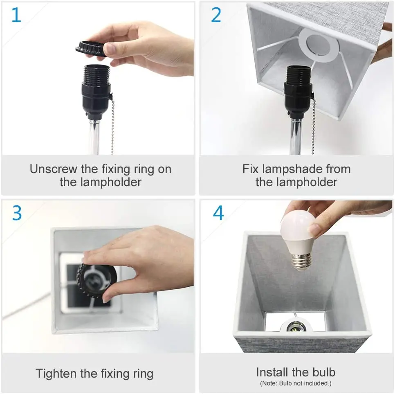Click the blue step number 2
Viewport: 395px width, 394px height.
pos(215,15)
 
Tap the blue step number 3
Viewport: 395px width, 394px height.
pos(17,213)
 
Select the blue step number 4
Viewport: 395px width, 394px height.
pos(218,213)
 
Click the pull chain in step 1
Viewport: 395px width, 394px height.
pos(112,127)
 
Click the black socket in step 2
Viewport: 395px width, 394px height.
pos(298,92)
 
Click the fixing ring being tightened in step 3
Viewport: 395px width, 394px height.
pos(98,282)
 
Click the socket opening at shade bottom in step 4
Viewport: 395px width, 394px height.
pos(295,325)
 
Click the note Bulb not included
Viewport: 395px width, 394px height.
pos(295,383)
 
